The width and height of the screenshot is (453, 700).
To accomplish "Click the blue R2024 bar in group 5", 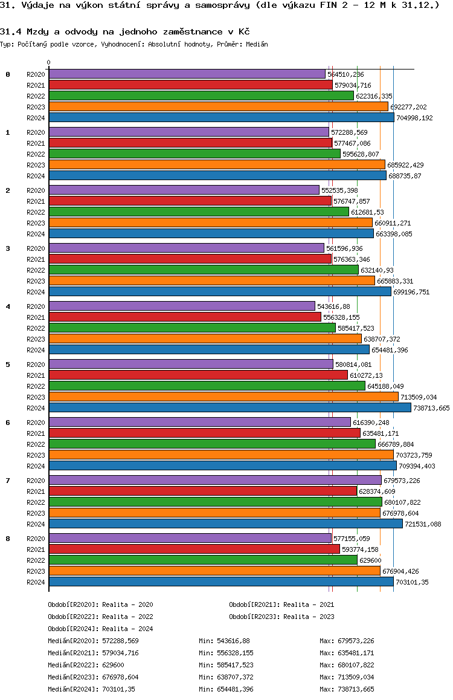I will pos(230,408).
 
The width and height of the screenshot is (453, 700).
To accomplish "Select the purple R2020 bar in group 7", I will pos(214,480).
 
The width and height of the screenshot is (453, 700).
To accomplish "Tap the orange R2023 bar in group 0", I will pos(218,107).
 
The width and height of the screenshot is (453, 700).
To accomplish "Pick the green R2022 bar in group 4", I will pos(191,328).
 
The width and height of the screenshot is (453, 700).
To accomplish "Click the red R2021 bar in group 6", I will pos(204,433).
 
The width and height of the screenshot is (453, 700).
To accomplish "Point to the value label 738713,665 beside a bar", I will pos(431,408).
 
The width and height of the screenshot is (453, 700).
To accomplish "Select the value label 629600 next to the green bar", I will pos(370,560).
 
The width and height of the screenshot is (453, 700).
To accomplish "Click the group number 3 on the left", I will pos(8,248).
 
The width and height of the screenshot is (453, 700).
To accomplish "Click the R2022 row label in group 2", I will pos(36,212).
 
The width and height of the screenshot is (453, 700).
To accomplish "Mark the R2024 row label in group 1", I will pos(36,176).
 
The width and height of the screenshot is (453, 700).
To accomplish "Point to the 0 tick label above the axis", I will pos(49,62).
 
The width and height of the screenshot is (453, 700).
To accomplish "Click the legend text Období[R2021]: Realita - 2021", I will pos(281,604).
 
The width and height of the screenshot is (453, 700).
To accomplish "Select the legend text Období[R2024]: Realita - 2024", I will pos(100,629).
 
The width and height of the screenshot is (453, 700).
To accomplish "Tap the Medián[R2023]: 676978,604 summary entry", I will pos(93,677).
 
